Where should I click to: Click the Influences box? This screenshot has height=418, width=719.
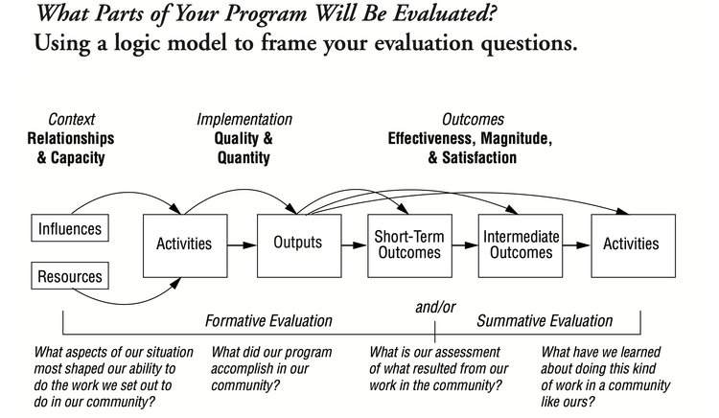[x=70, y=229]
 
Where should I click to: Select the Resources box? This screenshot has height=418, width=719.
[x=70, y=278]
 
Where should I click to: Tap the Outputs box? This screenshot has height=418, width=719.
[x=298, y=244]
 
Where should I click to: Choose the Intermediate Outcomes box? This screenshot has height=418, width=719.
[x=520, y=244]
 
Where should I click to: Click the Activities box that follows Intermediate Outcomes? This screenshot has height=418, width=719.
[x=631, y=244]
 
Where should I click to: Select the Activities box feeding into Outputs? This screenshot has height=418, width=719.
[x=184, y=244]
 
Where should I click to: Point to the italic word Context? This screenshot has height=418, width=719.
[x=70, y=120]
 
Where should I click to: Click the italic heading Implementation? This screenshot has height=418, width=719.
[x=244, y=120]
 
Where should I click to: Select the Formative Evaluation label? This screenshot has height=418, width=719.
[x=269, y=320]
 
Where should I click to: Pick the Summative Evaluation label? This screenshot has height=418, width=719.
[x=545, y=320]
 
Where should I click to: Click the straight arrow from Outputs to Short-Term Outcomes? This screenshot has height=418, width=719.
[x=354, y=244]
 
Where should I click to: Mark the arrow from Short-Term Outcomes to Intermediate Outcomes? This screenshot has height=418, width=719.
[x=464, y=244]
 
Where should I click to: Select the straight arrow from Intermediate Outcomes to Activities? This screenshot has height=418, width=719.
[x=575, y=244]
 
